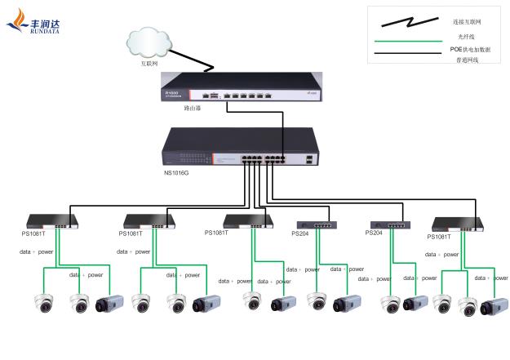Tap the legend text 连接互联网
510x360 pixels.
467,21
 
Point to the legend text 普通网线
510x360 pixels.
467,60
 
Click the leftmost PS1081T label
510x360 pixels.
33,233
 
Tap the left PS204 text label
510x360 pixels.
302,233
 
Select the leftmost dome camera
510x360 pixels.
44,304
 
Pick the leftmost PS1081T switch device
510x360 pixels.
51,220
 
